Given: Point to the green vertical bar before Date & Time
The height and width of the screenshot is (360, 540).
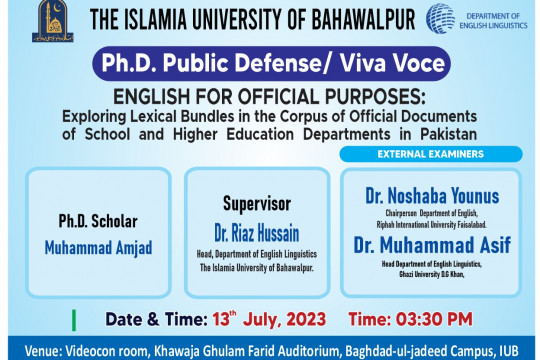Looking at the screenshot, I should point(74,322).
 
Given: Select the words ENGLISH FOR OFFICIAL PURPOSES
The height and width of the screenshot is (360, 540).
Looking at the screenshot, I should point(270,97).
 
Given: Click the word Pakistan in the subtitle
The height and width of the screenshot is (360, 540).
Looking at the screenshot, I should point(439,133).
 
